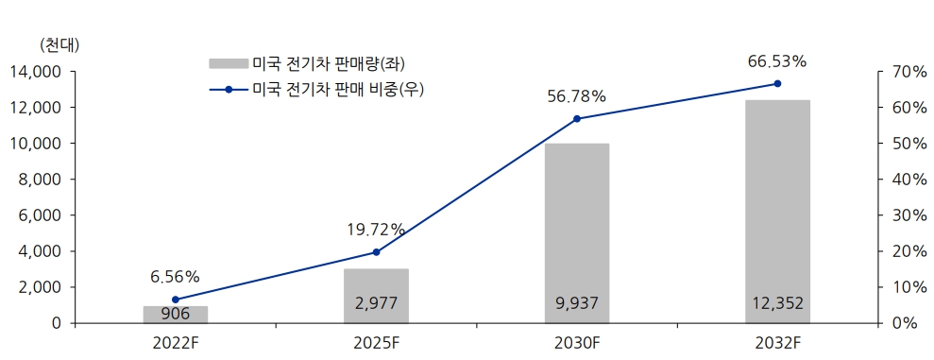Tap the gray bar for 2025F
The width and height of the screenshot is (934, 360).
(376, 296)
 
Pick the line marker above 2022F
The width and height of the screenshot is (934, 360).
(176, 300)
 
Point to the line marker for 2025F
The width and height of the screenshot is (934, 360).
(376, 252)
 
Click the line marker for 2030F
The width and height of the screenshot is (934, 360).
(577, 119)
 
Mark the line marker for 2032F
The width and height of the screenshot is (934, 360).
(777, 84)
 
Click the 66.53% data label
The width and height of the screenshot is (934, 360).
(776, 61)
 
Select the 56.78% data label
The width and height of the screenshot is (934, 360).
(576, 96)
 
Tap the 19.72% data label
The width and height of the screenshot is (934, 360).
(375, 230)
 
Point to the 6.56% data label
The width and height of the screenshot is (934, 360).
(175, 277)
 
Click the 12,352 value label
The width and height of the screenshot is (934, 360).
(777, 304)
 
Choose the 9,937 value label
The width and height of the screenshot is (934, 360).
(577, 304)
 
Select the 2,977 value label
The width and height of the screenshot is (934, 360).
(376, 304)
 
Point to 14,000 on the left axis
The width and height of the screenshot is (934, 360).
(35, 72)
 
